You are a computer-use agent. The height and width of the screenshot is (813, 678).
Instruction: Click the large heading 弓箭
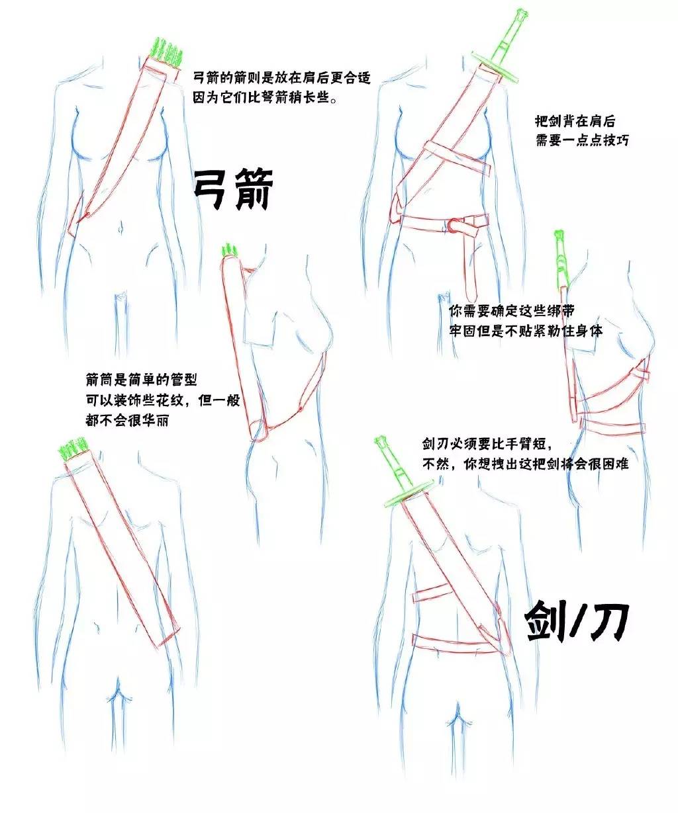coord(233,190)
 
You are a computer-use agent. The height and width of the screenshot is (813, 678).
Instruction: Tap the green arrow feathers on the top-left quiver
coord(168,51)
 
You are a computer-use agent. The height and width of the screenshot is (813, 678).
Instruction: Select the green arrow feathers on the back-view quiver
coord(72,449)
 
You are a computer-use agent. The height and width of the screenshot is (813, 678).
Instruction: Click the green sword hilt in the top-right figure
coord(503,47)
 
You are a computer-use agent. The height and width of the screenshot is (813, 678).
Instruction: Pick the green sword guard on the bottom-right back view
coord(407,493)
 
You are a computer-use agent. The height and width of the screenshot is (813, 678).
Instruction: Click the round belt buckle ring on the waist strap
coord(454,227)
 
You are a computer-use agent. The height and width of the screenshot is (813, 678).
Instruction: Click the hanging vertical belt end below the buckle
coord(470,269)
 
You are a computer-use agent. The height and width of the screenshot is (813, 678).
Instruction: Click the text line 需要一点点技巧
coord(582,140)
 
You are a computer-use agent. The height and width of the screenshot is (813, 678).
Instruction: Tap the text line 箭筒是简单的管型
coord(141,380)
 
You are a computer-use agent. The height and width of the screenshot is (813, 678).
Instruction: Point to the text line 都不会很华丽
coord(127,420)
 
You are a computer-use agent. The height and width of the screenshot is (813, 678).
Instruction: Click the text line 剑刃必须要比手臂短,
coord(487,444)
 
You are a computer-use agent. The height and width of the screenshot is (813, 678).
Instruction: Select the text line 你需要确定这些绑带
coord(511,311)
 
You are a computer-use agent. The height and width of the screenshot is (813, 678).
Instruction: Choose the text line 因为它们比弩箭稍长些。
coord(266,97)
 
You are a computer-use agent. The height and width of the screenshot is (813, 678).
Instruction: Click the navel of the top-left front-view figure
coord(121,227)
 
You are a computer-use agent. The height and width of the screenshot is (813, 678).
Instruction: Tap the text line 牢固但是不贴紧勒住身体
coord(526,331)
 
